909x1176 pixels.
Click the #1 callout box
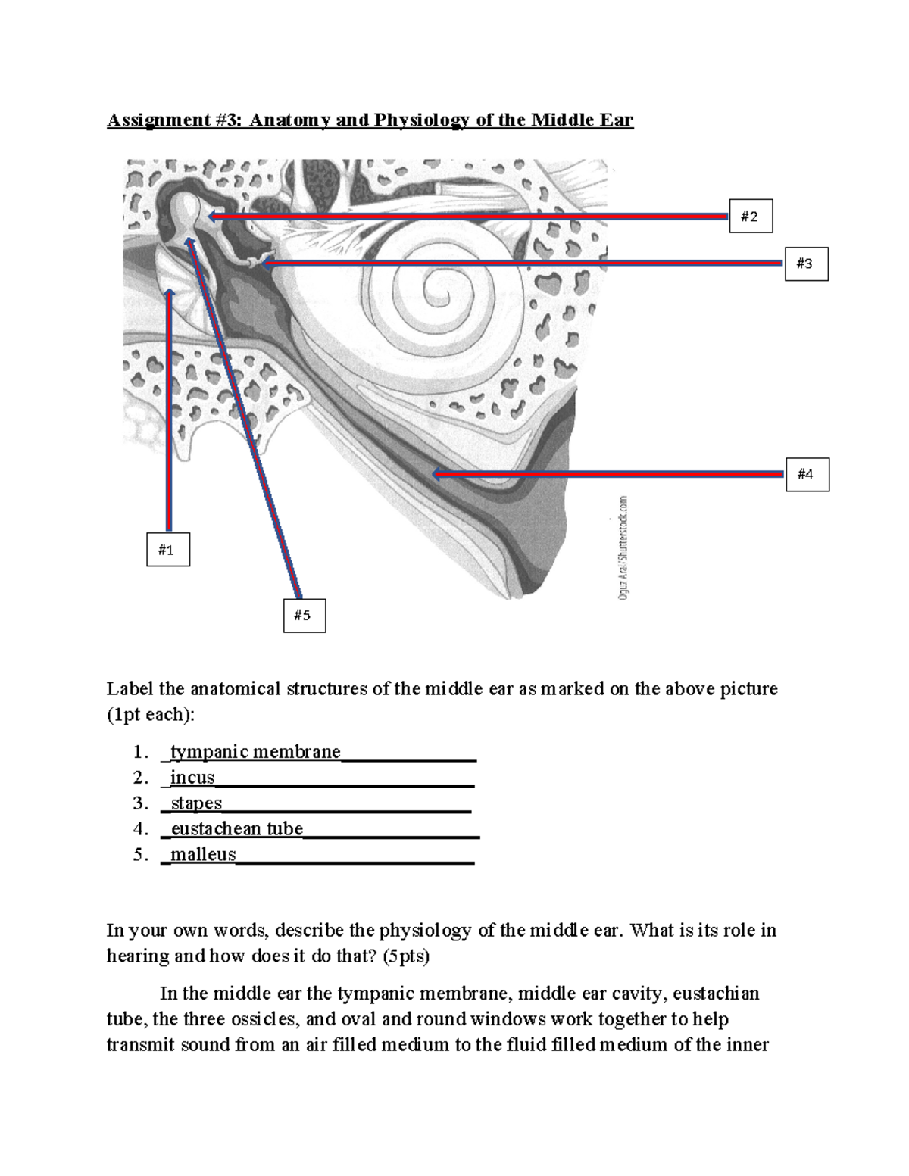(x=167, y=550)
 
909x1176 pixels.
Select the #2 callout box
(x=750, y=217)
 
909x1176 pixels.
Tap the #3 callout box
(x=805, y=264)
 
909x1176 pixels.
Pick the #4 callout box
(x=806, y=474)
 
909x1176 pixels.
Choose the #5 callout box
(x=303, y=615)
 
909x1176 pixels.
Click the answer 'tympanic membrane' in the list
(x=255, y=752)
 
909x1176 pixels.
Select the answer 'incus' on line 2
(x=192, y=778)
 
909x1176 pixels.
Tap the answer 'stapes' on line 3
(x=196, y=803)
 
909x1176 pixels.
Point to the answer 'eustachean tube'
(x=236, y=829)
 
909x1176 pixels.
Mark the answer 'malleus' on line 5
(x=203, y=855)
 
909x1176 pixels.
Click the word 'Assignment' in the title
(x=155, y=120)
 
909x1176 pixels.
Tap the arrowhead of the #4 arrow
(x=436, y=474)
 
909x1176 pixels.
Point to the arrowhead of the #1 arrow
(x=169, y=293)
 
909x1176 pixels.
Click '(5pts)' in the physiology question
(x=405, y=956)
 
